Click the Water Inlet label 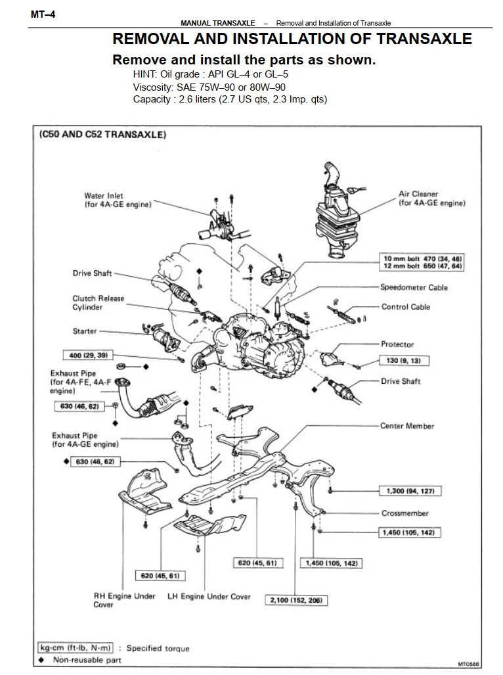(118, 200)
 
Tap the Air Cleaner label (431, 198)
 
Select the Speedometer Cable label (414, 287)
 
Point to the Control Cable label (405, 307)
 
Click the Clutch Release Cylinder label (98, 303)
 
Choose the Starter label (85, 331)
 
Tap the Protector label (397, 344)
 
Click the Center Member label (407, 426)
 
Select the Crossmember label (405, 513)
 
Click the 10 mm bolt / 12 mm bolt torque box (423, 263)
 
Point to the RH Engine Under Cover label (124, 600)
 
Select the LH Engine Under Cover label (209, 597)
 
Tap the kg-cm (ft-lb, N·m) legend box (76, 648)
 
